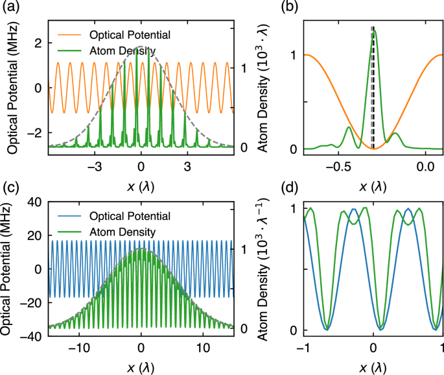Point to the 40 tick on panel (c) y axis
(x=34, y=202)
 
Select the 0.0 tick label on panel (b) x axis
(x=425, y=167)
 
